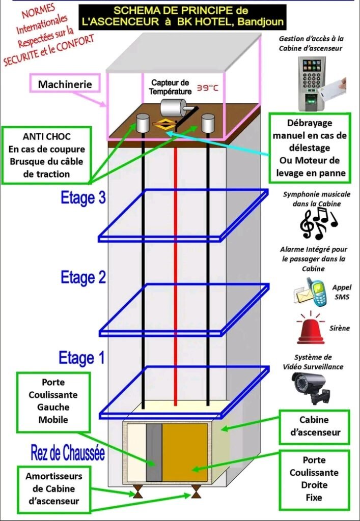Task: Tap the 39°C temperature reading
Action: tap(207, 88)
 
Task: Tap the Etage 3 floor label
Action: tap(83, 198)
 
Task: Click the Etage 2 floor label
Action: tap(83, 278)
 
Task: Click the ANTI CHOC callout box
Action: tap(47, 155)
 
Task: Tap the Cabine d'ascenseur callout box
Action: tap(314, 427)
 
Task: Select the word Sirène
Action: tap(340, 328)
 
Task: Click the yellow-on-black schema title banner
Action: tap(182, 16)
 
